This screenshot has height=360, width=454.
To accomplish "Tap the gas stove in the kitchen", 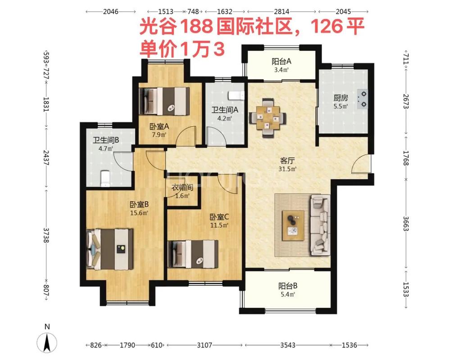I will [x=363, y=99].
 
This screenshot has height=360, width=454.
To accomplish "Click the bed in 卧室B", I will [x=110, y=249].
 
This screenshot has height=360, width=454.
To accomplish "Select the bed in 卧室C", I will [x=193, y=254].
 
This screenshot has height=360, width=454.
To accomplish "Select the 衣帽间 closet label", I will [x=182, y=188].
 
